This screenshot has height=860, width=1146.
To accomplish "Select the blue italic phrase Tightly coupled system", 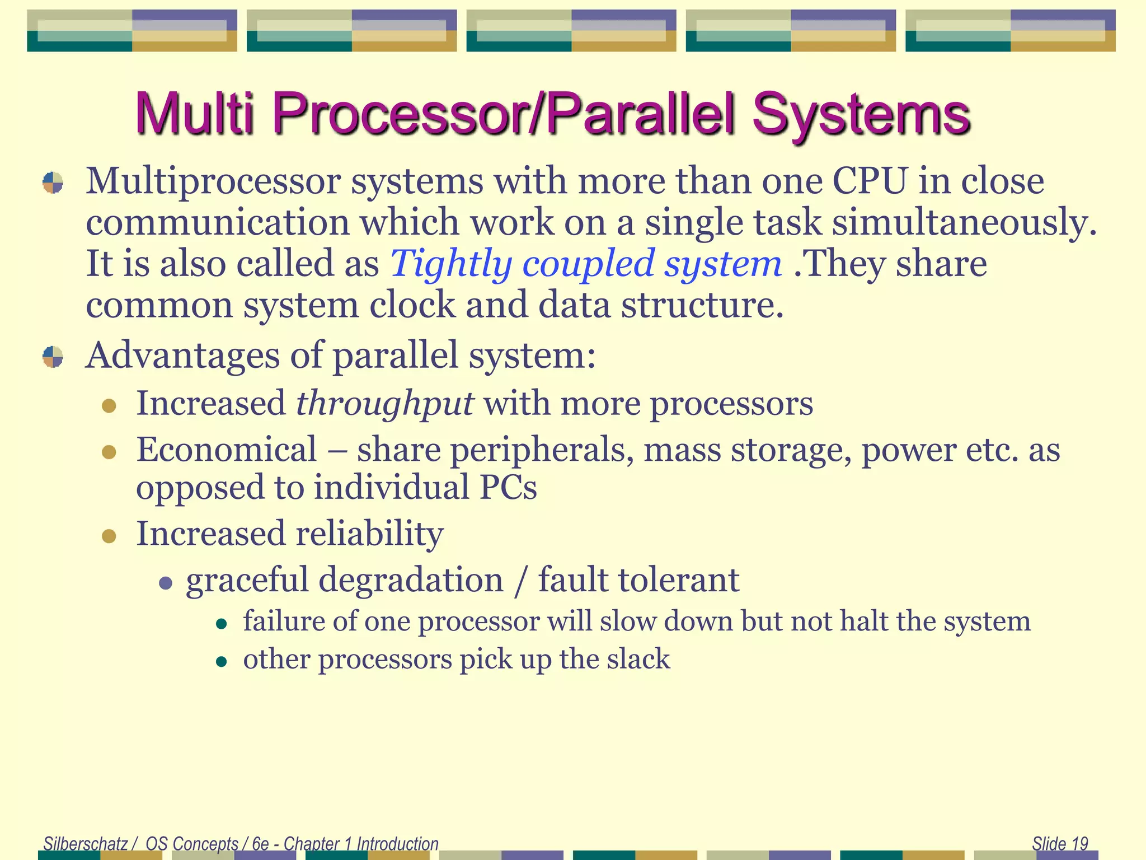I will click(585, 264).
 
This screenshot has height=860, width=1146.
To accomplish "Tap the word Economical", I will click(227, 450).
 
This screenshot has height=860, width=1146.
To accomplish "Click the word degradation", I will click(411, 580).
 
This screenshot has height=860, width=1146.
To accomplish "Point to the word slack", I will click(638, 659).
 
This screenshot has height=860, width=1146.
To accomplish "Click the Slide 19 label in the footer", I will click(1059, 843).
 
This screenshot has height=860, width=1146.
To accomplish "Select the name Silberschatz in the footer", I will click(86, 843).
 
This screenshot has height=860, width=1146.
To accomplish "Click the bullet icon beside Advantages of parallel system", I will click(53, 357).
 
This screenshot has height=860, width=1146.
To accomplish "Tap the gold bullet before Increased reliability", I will click(109, 536).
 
